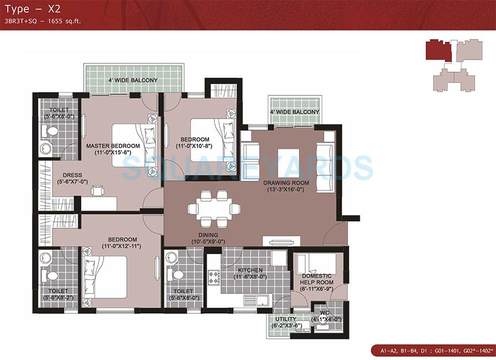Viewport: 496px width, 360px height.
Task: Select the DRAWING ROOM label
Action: (285, 186)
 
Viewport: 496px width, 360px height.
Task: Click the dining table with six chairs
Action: (214, 208)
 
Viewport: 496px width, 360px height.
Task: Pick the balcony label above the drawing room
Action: (294, 112)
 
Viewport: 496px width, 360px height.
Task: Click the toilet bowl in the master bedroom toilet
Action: (51, 132)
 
